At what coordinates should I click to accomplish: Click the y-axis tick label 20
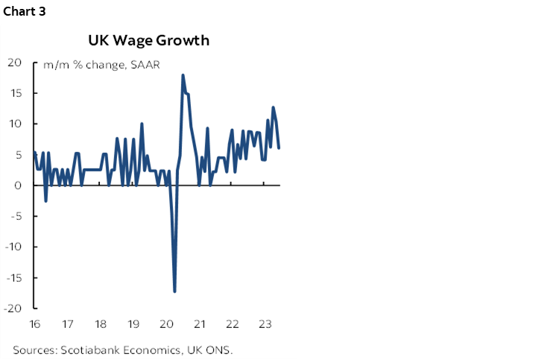point(16,63)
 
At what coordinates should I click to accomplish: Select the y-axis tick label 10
point(16,124)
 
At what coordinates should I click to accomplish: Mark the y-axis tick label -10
point(14,247)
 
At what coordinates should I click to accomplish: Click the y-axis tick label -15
point(14,277)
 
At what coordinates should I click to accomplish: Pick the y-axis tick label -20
point(14,308)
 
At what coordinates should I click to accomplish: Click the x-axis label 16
point(35,324)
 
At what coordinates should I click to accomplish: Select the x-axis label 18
point(101,324)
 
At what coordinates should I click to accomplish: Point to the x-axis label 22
point(233,324)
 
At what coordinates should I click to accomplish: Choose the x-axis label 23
point(265,324)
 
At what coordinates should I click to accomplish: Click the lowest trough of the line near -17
point(174,291)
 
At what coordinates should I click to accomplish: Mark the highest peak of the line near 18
point(183,75)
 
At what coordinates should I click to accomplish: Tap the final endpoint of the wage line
point(279,148)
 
